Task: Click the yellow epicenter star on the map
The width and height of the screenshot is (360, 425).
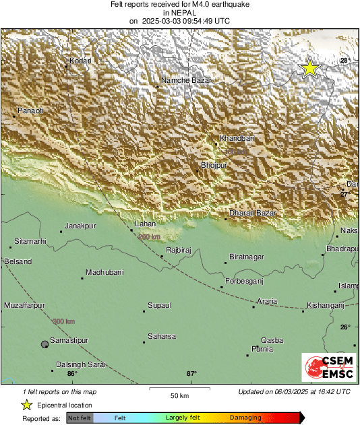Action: [309, 68]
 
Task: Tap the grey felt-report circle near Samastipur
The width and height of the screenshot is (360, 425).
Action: [44, 344]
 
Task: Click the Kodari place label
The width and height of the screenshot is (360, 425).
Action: [80, 61]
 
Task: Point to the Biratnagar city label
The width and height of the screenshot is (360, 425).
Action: [246, 257]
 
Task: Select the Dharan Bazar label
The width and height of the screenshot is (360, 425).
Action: [253, 213]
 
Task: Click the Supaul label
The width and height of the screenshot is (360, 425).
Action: [160, 305]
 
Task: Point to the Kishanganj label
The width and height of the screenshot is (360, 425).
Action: [326, 305]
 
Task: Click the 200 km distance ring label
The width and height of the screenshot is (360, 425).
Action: [149, 237]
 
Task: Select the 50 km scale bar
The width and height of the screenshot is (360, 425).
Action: [179, 389]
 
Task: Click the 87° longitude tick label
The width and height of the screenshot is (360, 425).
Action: [191, 374]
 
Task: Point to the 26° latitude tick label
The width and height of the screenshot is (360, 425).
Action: [345, 327]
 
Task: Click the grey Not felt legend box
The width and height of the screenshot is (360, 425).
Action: [80, 418]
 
